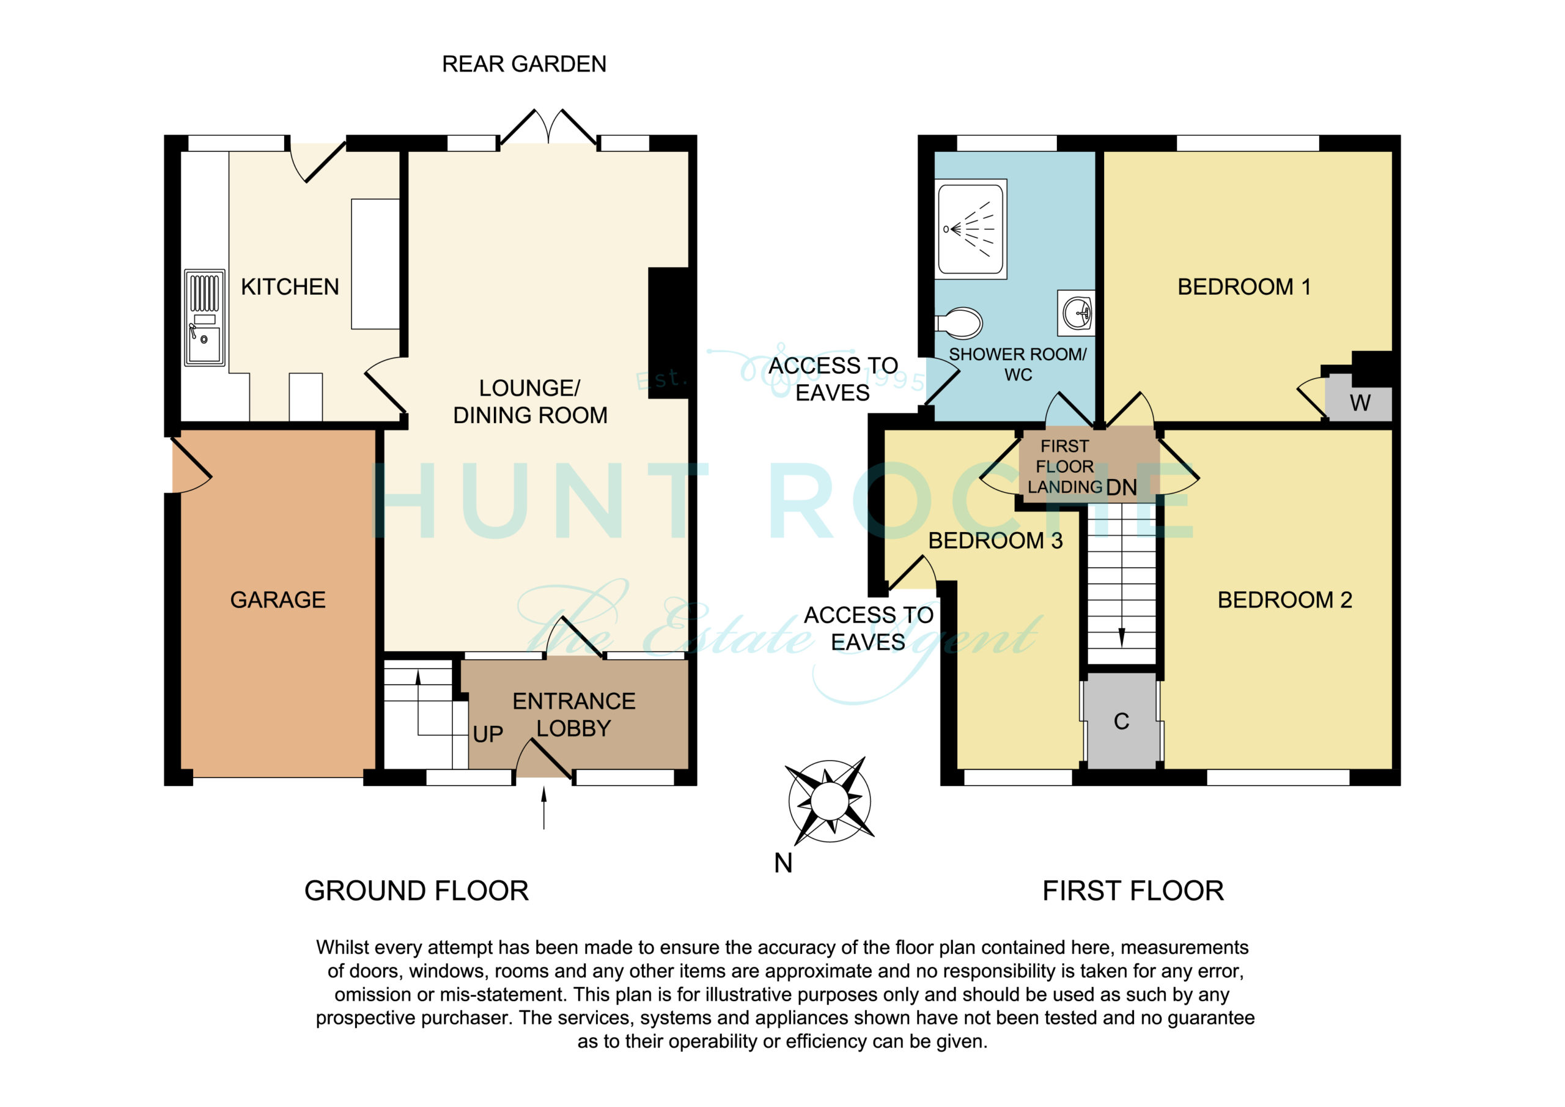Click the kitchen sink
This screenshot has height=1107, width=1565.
[x=204, y=317]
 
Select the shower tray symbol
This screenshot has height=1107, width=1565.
[x=971, y=229]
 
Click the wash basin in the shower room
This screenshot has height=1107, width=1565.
[x=1077, y=313]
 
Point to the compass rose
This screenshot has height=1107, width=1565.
[x=830, y=800]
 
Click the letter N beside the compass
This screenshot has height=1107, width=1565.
[x=783, y=864]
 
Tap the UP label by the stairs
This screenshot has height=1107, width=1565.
[x=488, y=735]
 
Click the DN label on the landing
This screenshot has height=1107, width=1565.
[x=1121, y=487]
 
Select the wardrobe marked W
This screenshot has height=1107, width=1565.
[x=1358, y=398]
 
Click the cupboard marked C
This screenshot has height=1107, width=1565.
[x=1121, y=721]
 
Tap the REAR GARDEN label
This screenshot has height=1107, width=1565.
[x=524, y=64]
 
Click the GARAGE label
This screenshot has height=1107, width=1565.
[x=278, y=600]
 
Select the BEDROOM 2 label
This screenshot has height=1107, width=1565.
[x=1285, y=600]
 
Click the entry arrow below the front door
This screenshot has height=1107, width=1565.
[x=544, y=809]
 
